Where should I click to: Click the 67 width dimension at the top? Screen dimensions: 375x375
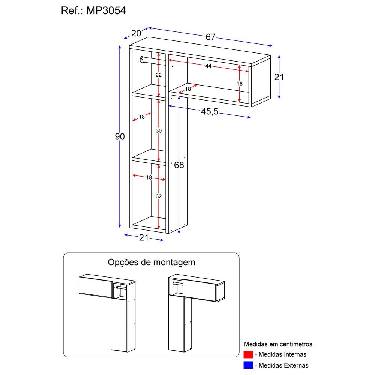(211, 37)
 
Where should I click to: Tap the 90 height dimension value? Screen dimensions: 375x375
(119, 137)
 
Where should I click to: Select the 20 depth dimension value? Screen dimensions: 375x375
(136, 33)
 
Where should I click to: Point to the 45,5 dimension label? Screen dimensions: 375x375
(209, 112)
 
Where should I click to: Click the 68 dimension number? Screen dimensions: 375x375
(179, 165)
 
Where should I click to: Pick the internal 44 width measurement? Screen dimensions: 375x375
(208, 66)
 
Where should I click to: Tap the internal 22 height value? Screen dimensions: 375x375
(159, 75)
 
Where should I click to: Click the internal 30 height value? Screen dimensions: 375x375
(159, 130)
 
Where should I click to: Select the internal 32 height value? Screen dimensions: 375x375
(159, 196)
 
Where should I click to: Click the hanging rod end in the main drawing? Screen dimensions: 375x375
(142, 59)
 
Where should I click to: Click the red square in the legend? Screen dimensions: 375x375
(248, 354)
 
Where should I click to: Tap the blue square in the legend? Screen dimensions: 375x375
(248, 365)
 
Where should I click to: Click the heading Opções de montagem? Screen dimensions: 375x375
(151, 262)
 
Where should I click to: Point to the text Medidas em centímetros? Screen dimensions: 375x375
(279, 343)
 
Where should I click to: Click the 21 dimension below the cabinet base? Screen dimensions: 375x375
(144, 237)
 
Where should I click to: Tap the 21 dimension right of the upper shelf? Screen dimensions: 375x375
(279, 77)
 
